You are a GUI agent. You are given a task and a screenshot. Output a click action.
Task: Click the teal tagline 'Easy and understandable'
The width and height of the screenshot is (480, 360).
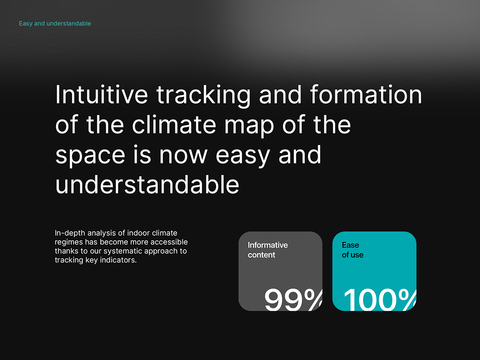(x=55, y=23)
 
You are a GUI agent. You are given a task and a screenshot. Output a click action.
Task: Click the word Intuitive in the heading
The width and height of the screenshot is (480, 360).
(x=102, y=94)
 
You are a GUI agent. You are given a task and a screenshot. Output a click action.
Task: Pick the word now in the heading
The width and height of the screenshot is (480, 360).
(x=183, y=155)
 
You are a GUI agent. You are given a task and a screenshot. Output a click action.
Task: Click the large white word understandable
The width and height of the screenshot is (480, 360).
(x=147, y=185)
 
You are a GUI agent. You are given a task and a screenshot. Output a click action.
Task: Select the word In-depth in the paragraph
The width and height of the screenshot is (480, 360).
(x=70, y=233)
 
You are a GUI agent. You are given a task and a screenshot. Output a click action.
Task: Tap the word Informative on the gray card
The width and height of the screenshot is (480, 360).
(x=268, y=245)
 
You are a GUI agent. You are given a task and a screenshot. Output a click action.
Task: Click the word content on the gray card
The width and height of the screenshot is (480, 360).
(x=261, y=255)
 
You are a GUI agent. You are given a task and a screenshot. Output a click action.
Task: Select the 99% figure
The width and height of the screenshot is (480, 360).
(x=294, y=300)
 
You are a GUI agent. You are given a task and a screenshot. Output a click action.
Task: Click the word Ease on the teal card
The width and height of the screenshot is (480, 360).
(x=350, y=245)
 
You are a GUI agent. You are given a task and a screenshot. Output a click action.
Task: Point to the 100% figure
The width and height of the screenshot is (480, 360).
(x=380, y=300)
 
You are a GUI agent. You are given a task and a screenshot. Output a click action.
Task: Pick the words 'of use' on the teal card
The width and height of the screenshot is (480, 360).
(x=352, y=255)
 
